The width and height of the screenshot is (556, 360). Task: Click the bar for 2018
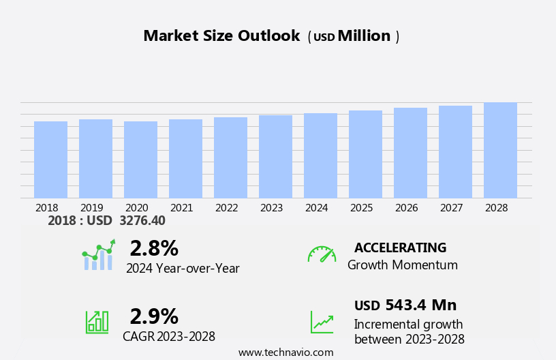point(50,160)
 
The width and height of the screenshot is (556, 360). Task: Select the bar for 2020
point(140,160)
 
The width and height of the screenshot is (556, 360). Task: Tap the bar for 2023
point(275,157)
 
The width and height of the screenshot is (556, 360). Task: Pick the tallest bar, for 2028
point(500,150)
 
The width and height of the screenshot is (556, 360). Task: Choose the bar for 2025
point(365,154)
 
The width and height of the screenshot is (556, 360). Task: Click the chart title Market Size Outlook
point(221,36)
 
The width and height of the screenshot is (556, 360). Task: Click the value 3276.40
point(142,221)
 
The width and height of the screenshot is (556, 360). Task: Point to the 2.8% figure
point(154,248)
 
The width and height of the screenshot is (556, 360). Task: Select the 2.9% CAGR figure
point(154,316)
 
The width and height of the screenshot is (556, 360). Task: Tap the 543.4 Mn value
point(420,305)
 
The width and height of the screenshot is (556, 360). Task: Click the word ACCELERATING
point(400,248)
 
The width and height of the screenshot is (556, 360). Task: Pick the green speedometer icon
point(322,255)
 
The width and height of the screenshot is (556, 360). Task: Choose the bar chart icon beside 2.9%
point(97,322)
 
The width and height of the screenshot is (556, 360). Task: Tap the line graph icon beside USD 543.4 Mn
point(322,322)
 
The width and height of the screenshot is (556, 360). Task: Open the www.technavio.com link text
point(285,352)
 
